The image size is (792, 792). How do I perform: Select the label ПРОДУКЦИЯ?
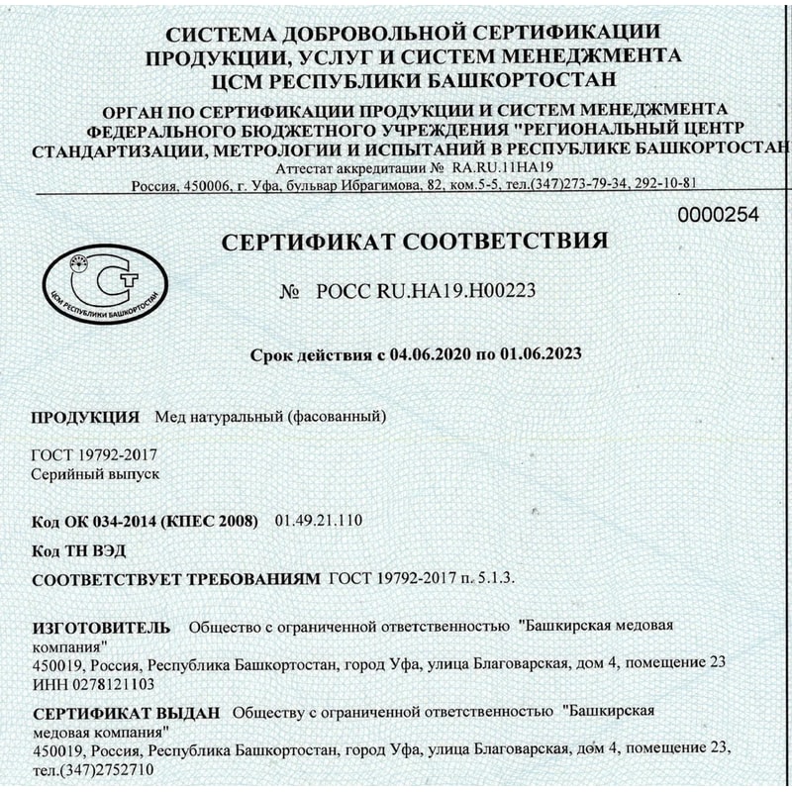coord(85,416)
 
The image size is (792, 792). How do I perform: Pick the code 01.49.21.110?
coord(322,520)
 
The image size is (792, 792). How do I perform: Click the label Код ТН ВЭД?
coord(79,549)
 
